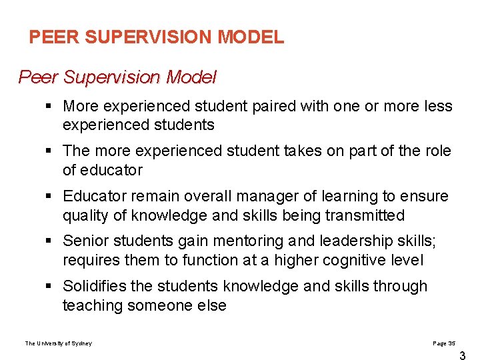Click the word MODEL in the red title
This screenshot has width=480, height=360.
[x=256, y=37]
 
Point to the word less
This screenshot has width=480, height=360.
[x=437, y=106]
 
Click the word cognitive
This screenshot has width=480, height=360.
[x=351, y=260]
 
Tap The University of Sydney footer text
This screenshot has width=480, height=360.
[x=59, y=343]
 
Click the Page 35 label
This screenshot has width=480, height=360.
[x=444, y=343]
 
